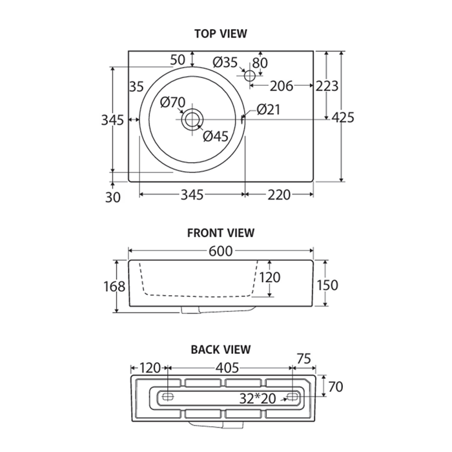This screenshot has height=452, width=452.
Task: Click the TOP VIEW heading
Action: [221, 34]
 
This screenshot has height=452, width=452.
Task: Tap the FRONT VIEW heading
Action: [221, 233]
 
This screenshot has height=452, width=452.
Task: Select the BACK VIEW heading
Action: [221, 349]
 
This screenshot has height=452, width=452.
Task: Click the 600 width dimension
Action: [221, 251]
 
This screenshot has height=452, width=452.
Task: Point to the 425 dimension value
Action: [343, 118]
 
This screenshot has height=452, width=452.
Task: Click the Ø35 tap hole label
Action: [225, 62]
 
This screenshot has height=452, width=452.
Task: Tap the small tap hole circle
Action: [250, 76]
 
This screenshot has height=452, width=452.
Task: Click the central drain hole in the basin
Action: [192, 119]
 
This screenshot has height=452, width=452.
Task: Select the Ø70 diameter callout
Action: [172, 102]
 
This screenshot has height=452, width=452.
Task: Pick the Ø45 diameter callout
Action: [216, 136]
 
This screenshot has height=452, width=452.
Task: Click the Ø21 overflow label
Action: [268, 110]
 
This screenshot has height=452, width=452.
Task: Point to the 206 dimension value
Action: [282, 86]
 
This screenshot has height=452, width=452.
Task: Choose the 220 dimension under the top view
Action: [279, 195]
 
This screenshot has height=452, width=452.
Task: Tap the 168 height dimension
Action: [114, 287]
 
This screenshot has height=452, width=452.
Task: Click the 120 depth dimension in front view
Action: [270, 277]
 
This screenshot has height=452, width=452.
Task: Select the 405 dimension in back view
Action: [227, 368]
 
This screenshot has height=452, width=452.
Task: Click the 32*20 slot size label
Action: [258, 398]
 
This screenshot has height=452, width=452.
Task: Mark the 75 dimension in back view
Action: [304, 359]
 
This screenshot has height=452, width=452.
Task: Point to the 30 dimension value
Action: [113, 198]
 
